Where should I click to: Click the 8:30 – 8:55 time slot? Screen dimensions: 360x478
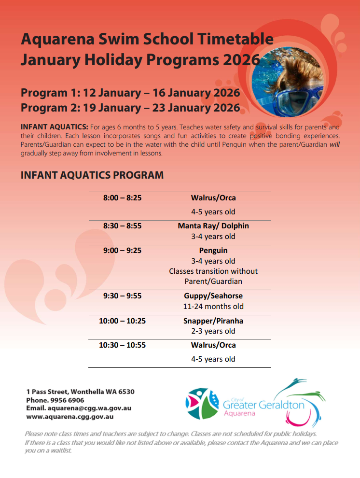tap(122, 226)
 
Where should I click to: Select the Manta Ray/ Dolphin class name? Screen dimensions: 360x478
tap(213, 226)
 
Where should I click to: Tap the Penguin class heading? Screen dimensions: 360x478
tap(213, 251)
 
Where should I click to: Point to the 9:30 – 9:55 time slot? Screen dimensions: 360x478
tap(122, 296)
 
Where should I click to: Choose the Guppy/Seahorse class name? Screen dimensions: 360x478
tap(213, 296)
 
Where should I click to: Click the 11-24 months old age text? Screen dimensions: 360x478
tap(213, 307)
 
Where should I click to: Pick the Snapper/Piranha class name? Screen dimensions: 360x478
tap(213, 321)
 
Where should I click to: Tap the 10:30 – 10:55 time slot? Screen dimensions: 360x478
tap(122, 345)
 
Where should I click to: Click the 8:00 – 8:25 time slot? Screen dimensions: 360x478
tap(122, 198)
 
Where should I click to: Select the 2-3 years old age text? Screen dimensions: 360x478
tap(213, 331)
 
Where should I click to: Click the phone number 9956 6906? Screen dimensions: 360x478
tap(67, 400)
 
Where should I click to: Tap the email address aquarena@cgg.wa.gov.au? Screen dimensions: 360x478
tap(90, 408)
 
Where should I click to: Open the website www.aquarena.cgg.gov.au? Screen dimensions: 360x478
tap(70, 417)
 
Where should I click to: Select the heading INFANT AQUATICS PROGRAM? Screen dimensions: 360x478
tap(92, 175)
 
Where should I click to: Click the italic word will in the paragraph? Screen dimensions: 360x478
tap(335, 144)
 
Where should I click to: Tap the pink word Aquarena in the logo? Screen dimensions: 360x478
tap(239, 413)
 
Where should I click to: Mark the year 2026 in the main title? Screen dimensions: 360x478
tap(241, 60)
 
